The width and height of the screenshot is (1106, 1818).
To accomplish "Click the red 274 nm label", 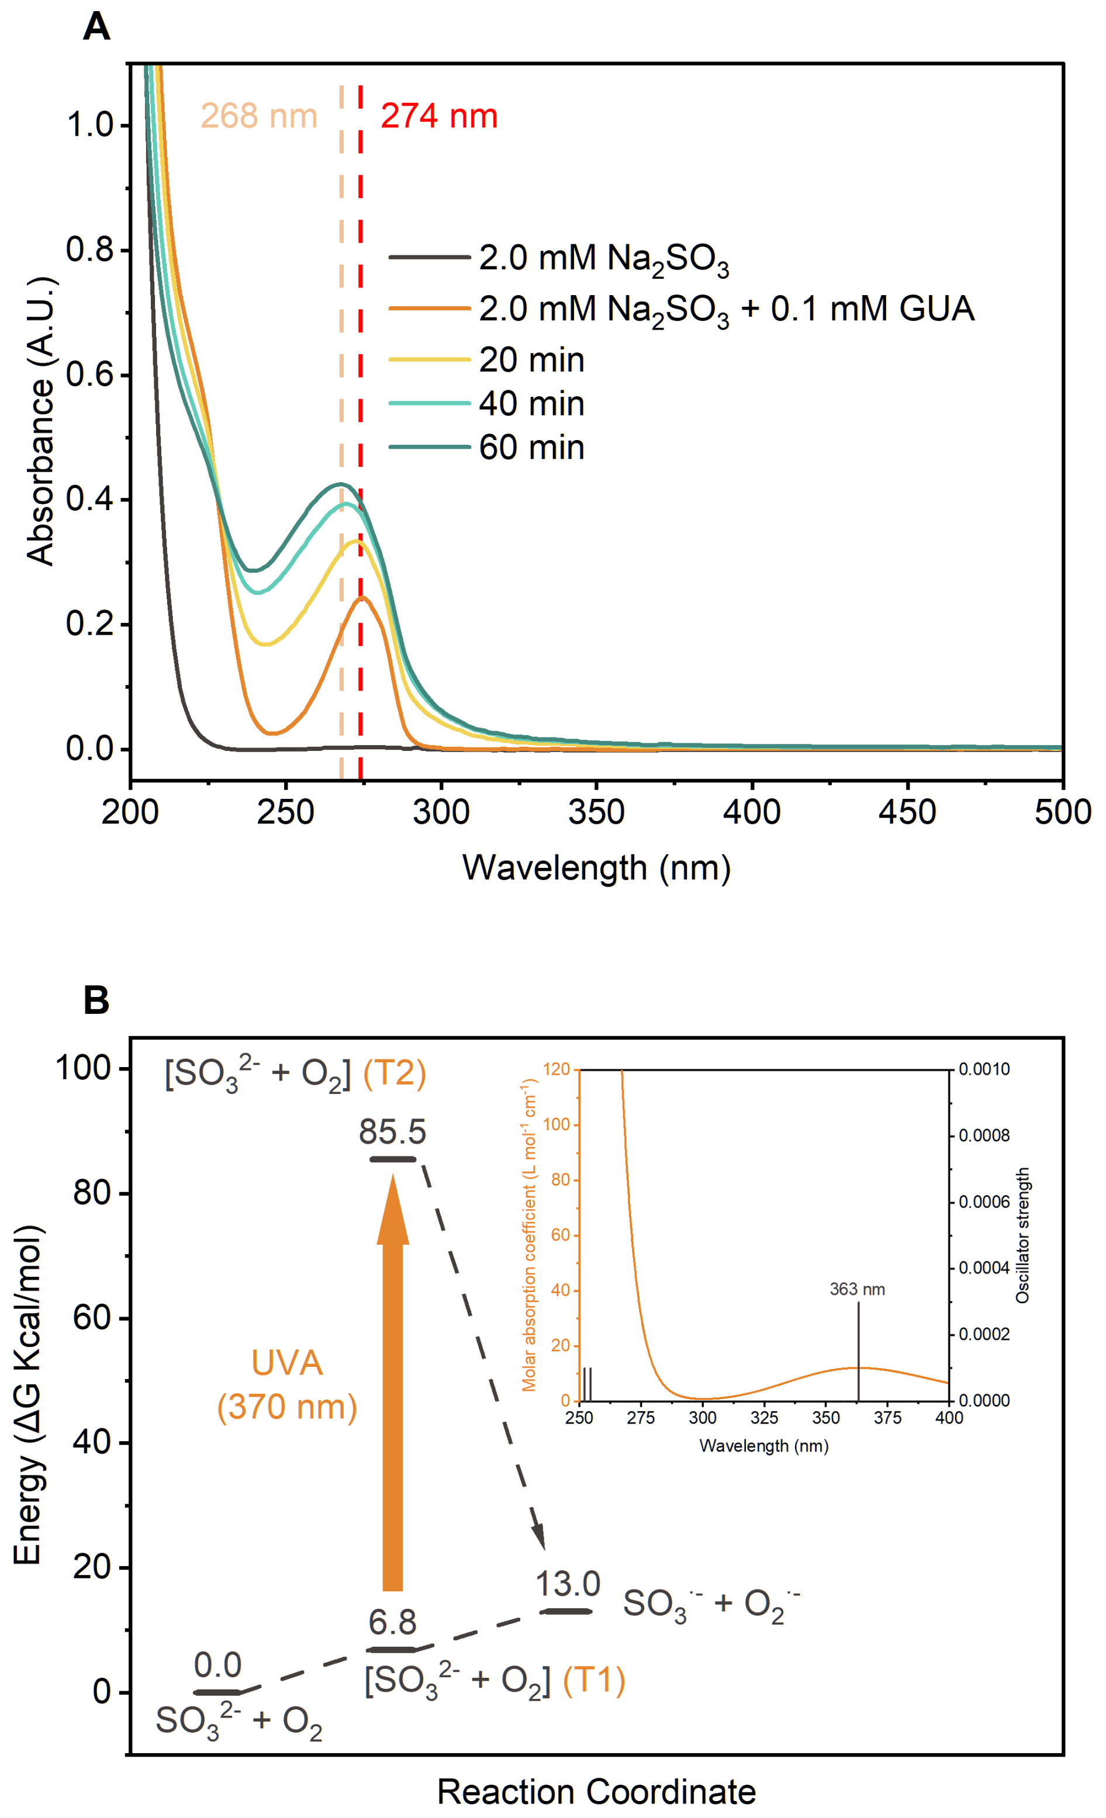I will [439, 116].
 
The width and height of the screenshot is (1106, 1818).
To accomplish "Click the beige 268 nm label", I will [259, 116].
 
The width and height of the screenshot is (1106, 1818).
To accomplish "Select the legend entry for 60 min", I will [531, 448].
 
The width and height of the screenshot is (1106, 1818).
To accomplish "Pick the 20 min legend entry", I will [531, 360].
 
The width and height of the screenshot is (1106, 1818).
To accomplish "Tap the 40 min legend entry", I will [531, 404].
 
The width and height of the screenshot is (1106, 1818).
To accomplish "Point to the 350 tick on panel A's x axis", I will [596, 812].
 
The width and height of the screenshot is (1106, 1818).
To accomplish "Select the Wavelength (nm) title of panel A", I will [596, 868].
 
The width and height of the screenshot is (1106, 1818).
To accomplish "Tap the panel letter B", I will [96, 1001].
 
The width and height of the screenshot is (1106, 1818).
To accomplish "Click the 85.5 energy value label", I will [392, 1132].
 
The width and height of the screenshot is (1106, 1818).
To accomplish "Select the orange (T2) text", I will [395, 1073].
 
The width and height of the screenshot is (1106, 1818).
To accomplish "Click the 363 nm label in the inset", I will [856, 1289].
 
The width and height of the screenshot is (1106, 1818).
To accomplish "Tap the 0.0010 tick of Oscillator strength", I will [983, 1069].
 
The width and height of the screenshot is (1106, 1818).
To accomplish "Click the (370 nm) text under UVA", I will [287, 1406].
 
